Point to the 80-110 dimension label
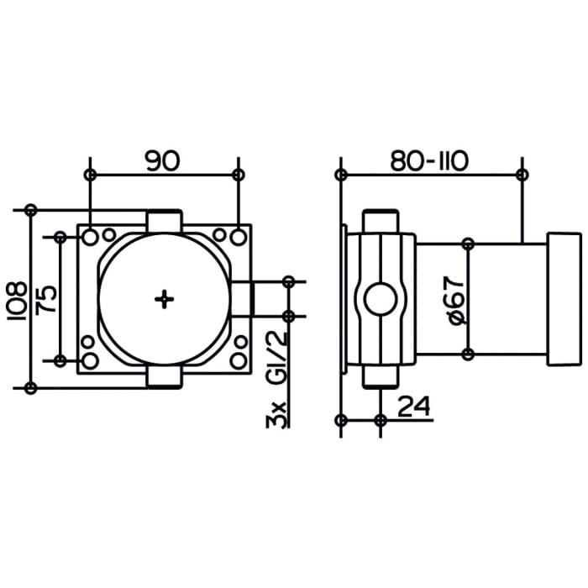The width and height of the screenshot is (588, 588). click(x=428, y=160)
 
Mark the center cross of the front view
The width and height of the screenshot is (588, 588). click(x=165, y=298)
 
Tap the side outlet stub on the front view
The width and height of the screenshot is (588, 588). click(x=244, y=298)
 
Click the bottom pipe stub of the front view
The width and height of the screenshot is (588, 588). click(x=165, y=379)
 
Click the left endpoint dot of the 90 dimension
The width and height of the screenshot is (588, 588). click(x=91, y=175)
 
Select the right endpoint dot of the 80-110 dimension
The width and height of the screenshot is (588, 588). click(x=522, y=175)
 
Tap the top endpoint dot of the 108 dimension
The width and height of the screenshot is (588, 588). click(x=31, y=209)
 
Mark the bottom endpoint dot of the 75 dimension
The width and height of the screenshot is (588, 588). click(x=60, y=360)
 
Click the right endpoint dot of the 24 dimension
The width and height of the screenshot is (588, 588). click(x=381, y=420)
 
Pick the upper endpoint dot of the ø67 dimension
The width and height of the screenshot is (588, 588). click(x=469, y=244)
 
